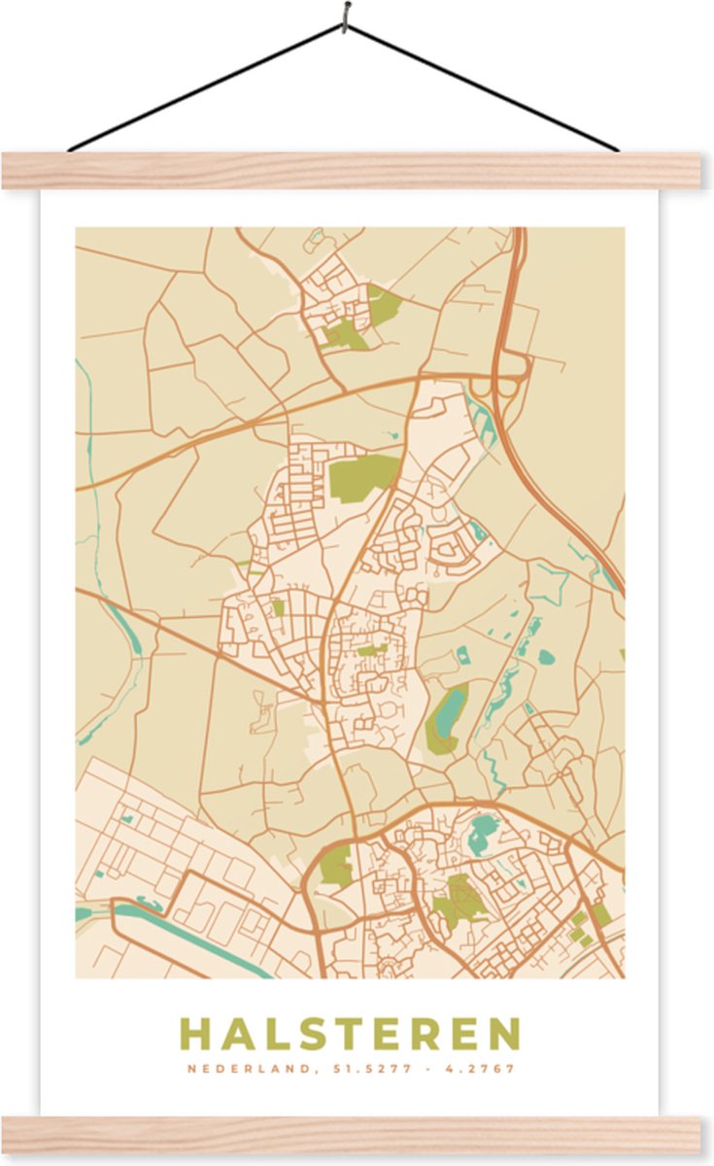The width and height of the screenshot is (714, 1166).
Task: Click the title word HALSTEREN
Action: [350, 1034]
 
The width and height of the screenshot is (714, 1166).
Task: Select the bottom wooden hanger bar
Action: [350, 1134]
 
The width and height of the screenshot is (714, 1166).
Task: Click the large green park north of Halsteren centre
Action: [361, 475]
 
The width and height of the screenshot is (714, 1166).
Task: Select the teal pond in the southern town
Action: [483, 831]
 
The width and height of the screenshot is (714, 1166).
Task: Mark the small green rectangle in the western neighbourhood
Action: [278, 607]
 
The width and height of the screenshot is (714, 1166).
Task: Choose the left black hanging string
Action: [204, 87]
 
